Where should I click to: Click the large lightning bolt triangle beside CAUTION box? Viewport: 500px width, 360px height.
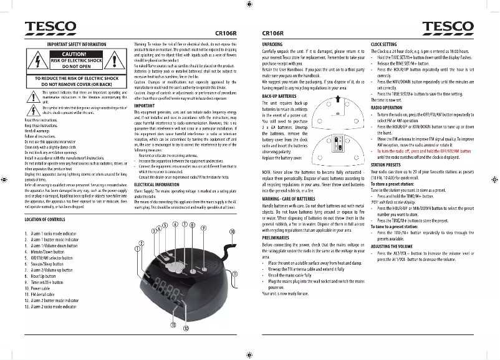[38, 61]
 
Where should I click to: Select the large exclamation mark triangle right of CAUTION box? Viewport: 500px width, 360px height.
[118, 61]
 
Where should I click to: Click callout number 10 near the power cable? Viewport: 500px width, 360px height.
[232, 231]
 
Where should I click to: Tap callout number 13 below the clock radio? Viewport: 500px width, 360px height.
[173, 324]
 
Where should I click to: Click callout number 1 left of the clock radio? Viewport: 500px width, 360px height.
[137, 248]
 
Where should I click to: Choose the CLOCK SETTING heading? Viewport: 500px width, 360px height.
[383, 45]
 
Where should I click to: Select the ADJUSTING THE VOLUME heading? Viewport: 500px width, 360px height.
[393, 246]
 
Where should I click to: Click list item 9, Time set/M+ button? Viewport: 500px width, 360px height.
[46, 282]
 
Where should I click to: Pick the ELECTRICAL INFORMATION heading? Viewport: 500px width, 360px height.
[157, 184]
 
